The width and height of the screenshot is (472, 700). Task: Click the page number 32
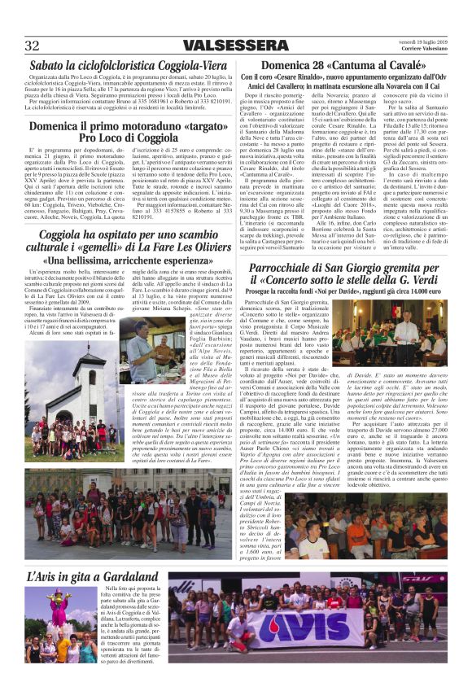33,45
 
